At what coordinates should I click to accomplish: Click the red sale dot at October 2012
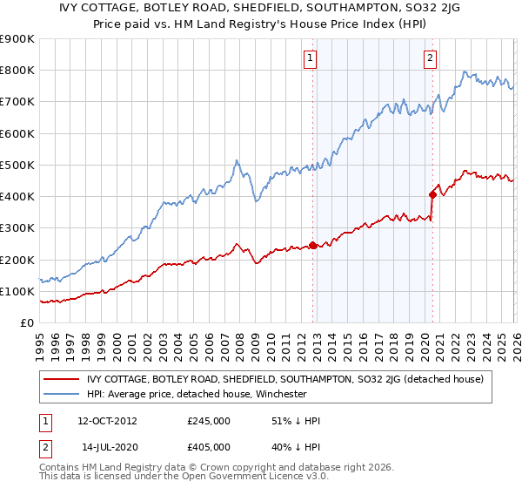point(312,245)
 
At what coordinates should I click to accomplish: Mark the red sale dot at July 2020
point(432,194)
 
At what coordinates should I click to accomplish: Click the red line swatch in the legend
point(61,379)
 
